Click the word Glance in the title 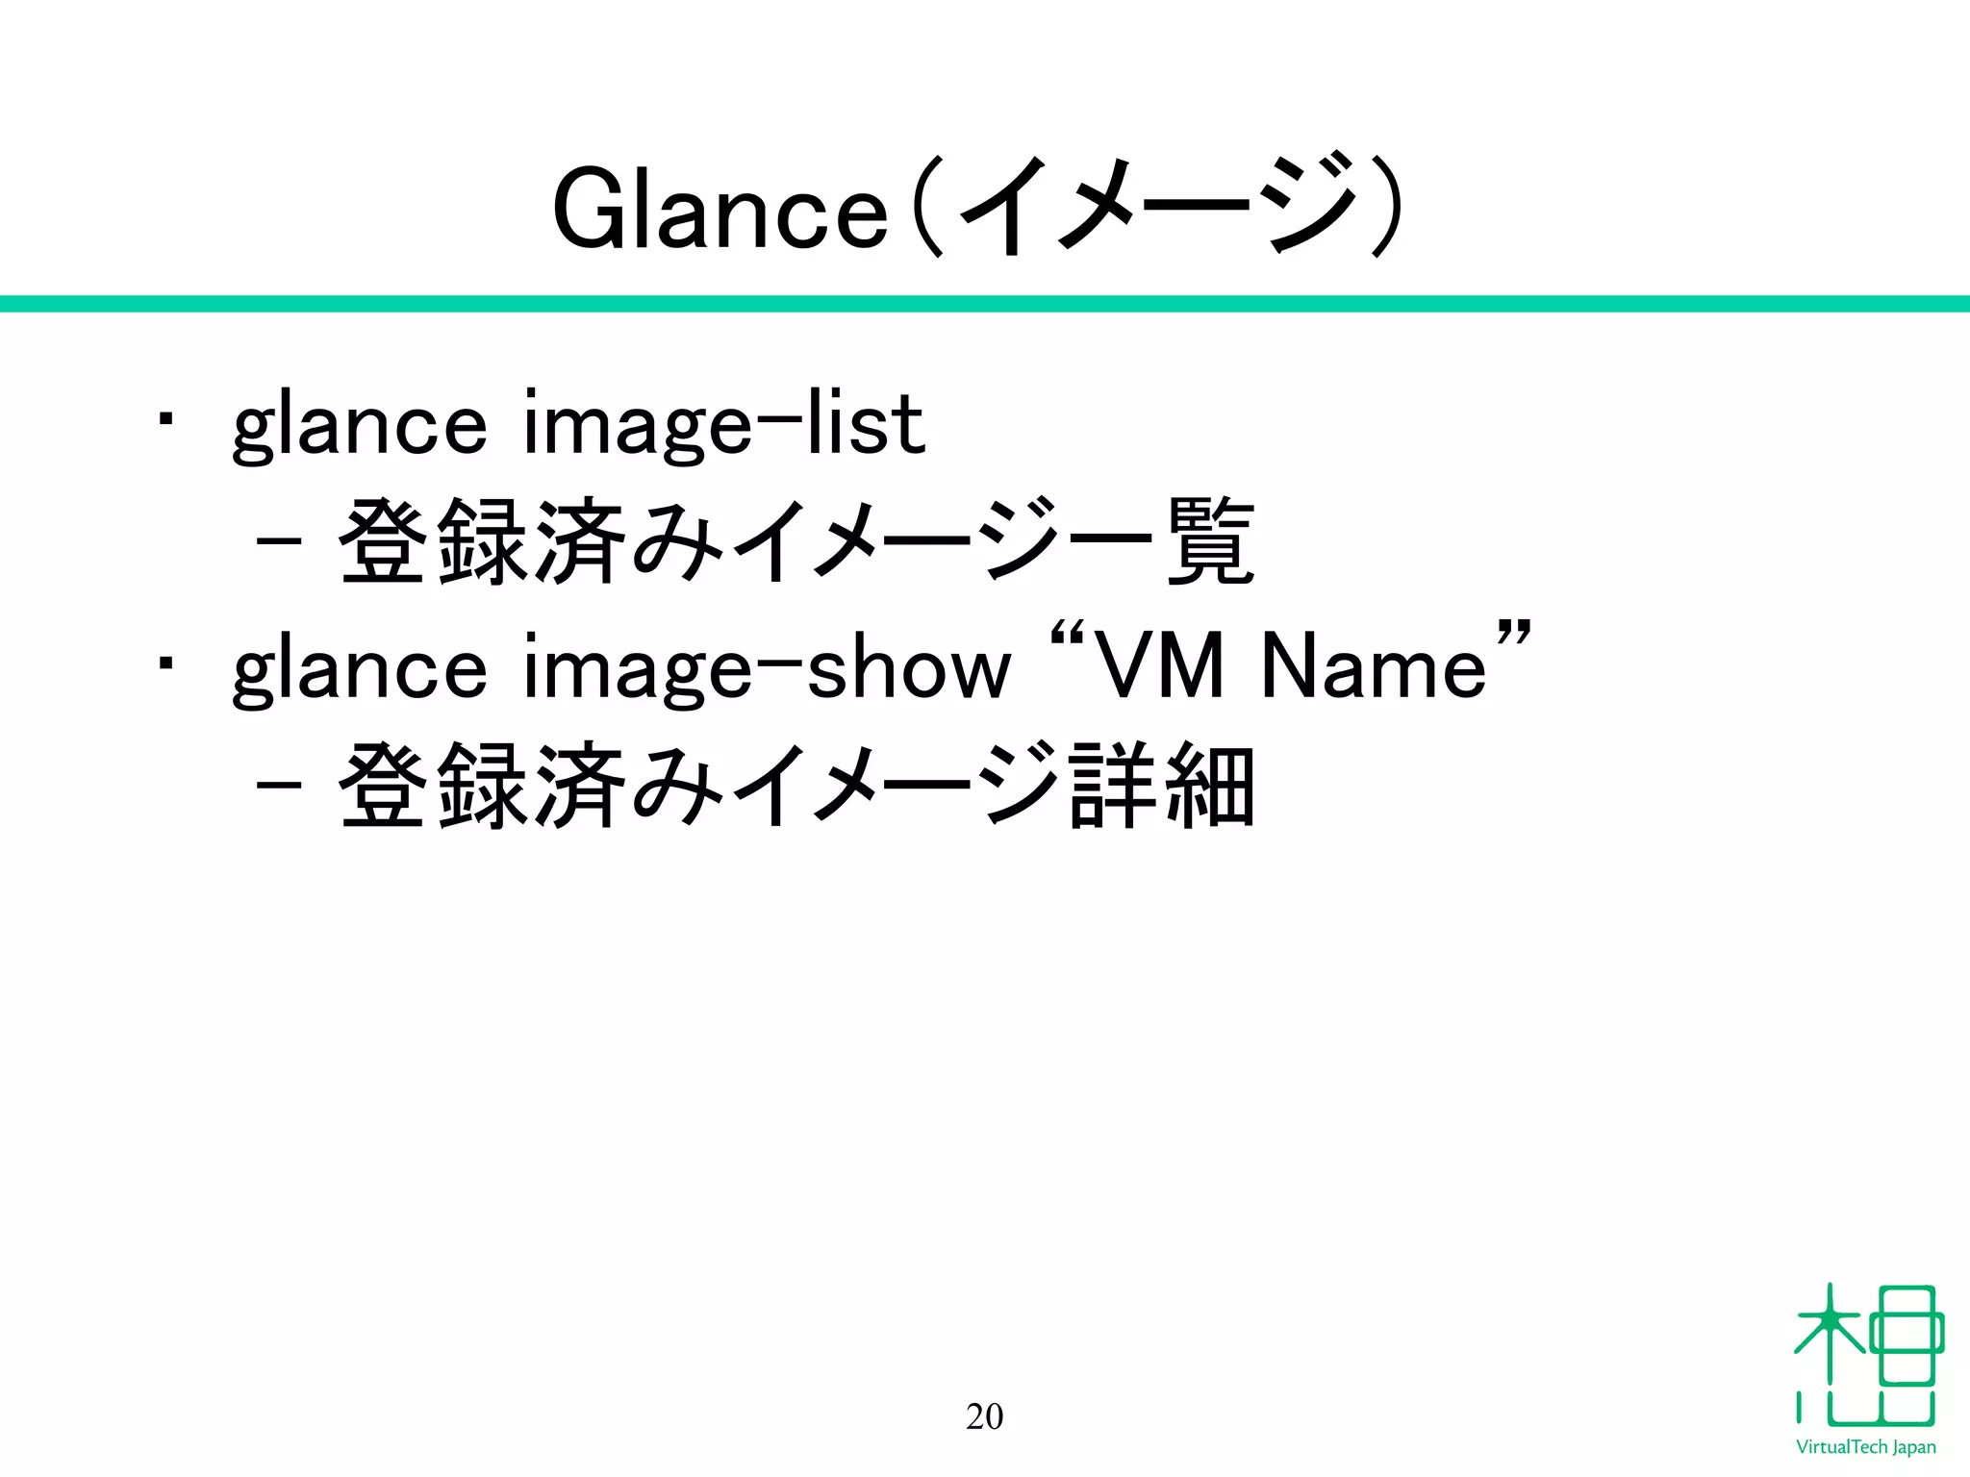[720, 210]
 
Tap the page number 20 [984, 1416]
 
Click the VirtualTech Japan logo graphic [1867, 1355]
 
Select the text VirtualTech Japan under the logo [1866, 1447]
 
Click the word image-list [723, 426]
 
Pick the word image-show [767, 669]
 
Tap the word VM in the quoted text [1160, 665]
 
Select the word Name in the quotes [1374, 665]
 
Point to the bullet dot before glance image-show [166, 663]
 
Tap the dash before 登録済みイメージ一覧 [279, 540]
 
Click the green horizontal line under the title [985, 304]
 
